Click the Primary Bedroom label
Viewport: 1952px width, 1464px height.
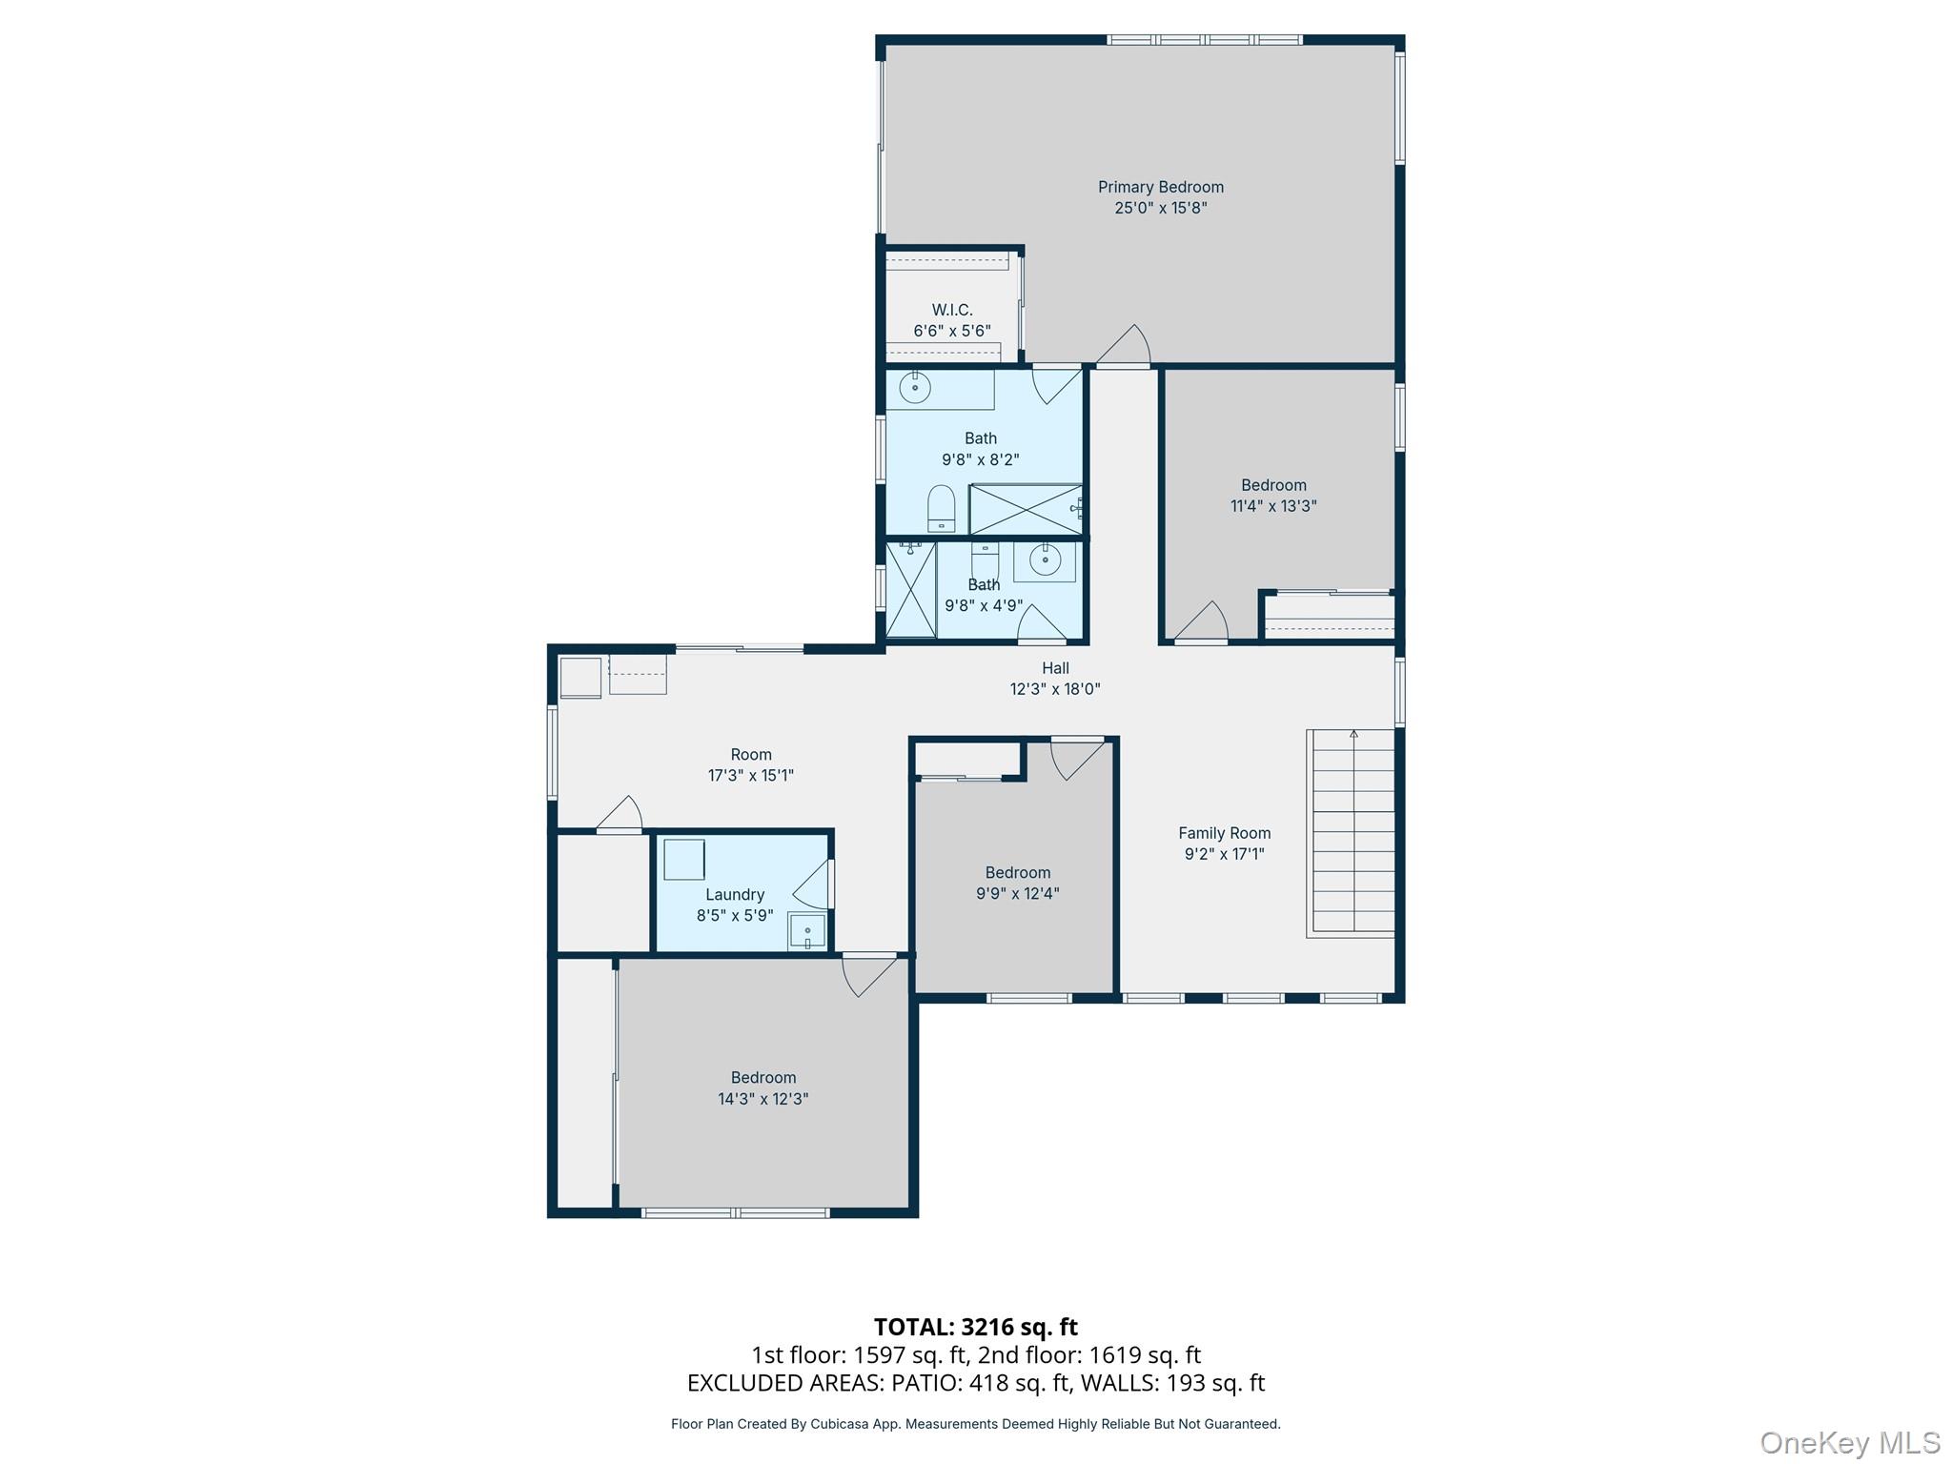click(x=1160, y=187)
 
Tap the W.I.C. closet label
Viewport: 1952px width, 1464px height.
click(x=951, y=310)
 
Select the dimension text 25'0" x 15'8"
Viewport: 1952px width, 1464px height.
click(x=1160, y=208)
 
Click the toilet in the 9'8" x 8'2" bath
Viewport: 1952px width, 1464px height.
click(x=941, y=508)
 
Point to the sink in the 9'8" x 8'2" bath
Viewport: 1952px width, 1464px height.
click(x=915, y=388)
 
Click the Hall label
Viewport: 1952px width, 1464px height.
click(x=1055, y=668)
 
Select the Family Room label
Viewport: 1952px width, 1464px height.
click(x=1224, y=833)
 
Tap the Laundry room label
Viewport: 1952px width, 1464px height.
click(x=735, y=894)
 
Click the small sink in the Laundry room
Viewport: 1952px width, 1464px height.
click(x=807, y=931)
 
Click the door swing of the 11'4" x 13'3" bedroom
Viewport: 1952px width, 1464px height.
click(x=1203, y=621)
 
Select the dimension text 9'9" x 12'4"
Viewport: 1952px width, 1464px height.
click(x=1018, y=893)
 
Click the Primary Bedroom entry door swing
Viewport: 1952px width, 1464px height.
click(x=1125, y=345)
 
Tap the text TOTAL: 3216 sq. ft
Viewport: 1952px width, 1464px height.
click(x=976, y=1327)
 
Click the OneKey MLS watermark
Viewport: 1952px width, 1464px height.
click(x=1850, y=1442)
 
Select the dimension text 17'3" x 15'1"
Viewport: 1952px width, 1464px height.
click(x=751, y=776)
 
